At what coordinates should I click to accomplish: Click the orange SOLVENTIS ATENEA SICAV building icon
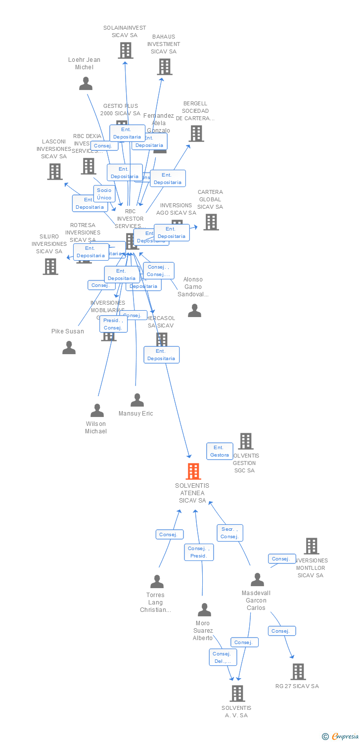tap(193, 471)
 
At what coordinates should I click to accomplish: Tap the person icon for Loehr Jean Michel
tap(86, 84)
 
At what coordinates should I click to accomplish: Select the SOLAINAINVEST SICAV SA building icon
tap(125, 50)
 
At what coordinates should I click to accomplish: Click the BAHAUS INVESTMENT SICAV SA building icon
tap(164, 66)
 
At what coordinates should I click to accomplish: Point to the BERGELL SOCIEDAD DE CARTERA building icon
tap(196, 133)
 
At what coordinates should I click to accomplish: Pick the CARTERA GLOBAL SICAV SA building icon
tap(211, 222)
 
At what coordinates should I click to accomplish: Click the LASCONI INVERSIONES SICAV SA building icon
tap(54, 171)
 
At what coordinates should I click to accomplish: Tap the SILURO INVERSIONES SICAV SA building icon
tap(50, 266)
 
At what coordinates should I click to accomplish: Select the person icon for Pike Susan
tap(69, 348)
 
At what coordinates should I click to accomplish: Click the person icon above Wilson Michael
tap(97, 411)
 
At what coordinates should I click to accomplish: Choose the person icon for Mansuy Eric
tap(137, 400)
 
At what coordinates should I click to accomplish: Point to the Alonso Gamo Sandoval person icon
tap(194, 311)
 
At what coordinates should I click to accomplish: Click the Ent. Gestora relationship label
tap(220, 451)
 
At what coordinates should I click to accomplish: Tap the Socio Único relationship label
tap(104, 194)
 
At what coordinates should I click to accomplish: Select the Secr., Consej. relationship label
tap(229, 533)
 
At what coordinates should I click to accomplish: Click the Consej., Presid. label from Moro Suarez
tap(199, 552)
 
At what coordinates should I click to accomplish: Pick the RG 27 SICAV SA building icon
tap(298, 671)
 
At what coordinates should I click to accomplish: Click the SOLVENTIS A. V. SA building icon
tap(237, 693)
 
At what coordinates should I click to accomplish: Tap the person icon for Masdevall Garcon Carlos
tap(257, 579)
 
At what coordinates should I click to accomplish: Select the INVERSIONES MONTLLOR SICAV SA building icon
tap(311, 546)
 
